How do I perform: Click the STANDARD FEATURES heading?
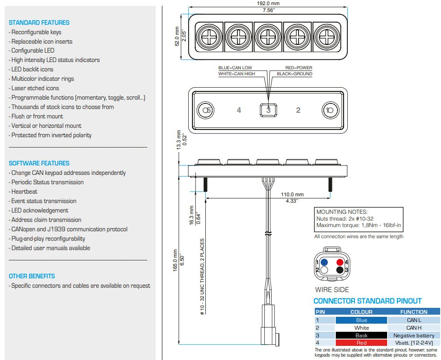pos(39,23)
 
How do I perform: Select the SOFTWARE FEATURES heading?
pos(39,163)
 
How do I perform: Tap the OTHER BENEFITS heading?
pos(32,276)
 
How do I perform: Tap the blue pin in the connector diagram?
pos(324,262)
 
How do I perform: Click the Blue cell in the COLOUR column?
pos(361,320)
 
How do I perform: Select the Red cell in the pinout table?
pos(361,343)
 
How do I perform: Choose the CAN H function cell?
pos(414,328)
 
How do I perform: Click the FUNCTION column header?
pos(414,312)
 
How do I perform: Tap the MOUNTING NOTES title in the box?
pos(342,212)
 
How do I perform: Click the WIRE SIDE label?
pos(332,290)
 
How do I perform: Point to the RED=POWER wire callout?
pos(299,68)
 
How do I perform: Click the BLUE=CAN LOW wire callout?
pos(235,68)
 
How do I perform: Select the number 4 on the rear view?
pos(239,110)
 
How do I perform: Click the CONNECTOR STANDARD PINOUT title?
pos(367,301)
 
